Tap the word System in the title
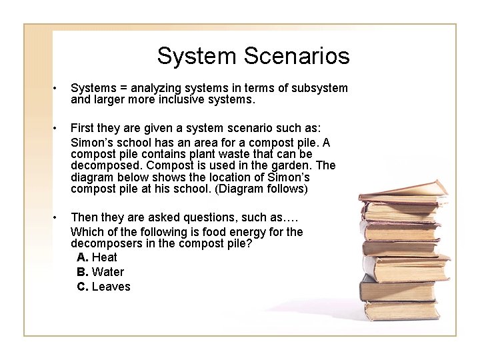point(193,56)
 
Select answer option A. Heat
point(97,257)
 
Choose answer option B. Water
point(101,272)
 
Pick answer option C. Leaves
point(104,287)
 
